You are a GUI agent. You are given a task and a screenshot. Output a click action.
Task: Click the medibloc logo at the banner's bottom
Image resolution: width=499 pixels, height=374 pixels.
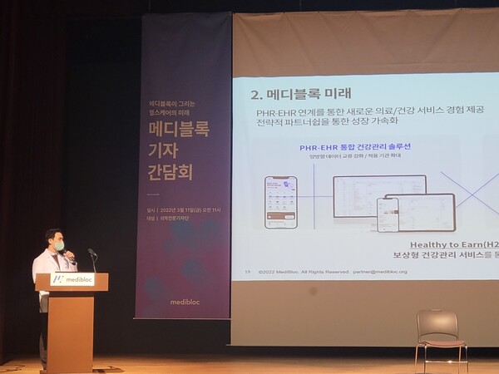pos(183,304)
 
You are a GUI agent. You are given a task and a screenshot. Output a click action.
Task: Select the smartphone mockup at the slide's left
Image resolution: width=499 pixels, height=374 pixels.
pos(280,202)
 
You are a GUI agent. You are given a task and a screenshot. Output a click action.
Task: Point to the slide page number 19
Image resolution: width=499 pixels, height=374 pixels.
pos(247,270)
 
